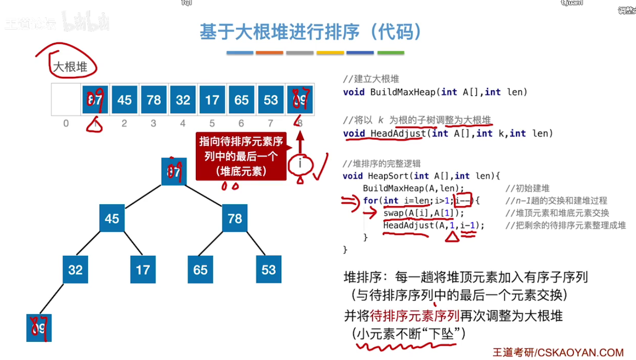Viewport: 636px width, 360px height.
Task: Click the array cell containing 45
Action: coord(124,100)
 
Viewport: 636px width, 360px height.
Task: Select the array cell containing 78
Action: coord(154,100)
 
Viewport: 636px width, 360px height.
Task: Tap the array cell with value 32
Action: coord(183,100)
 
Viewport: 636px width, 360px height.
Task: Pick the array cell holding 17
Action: coord(212,100)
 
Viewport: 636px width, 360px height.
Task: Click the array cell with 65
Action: coord(242,100)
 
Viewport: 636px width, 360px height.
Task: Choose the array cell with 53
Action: coord(271,100)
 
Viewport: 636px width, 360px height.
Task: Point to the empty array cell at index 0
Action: coord(66,100)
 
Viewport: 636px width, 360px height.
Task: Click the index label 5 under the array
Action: coord(212,123)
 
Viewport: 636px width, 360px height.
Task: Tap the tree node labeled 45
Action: coord(112,218)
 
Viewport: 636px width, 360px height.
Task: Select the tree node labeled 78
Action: coord(235,218)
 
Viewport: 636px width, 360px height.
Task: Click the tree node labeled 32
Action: coord(75,270)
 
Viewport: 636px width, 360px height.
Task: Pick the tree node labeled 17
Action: coord(143,270)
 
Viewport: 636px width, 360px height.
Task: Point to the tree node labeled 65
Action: coord(200,270)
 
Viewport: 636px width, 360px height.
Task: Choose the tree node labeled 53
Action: coord(269,270)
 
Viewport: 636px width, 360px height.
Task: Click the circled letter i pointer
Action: coord(300,163)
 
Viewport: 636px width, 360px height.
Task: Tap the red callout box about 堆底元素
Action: coord(241,156)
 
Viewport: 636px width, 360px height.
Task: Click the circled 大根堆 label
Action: coord(71,67)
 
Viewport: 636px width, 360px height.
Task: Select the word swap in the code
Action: coord(393,213)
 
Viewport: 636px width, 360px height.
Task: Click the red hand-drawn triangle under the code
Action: coord(452,237)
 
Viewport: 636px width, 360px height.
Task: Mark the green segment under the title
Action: coord(391,53)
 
